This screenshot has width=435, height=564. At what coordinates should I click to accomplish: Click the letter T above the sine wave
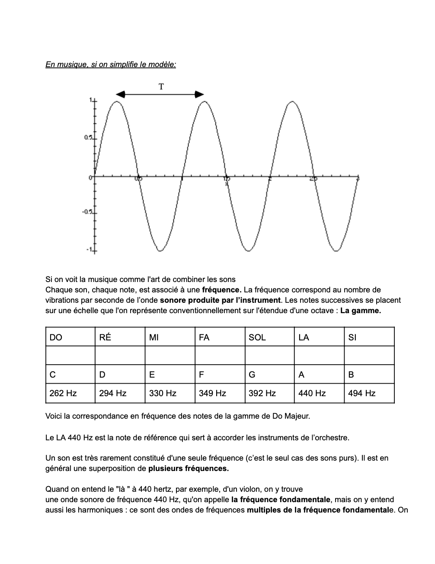[161, 87]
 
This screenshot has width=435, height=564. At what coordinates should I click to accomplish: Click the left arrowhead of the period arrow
[120, 94]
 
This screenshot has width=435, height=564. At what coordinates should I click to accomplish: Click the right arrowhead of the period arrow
[199, 94]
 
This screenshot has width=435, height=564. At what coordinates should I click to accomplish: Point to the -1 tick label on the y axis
[89, 250]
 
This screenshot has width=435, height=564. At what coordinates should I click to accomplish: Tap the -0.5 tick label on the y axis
[88, 212]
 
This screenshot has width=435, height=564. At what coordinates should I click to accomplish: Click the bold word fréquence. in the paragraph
[221, 290]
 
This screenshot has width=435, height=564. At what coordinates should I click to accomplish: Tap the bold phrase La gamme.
[361, 311]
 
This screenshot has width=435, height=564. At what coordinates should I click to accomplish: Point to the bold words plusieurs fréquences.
[189, 468]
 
